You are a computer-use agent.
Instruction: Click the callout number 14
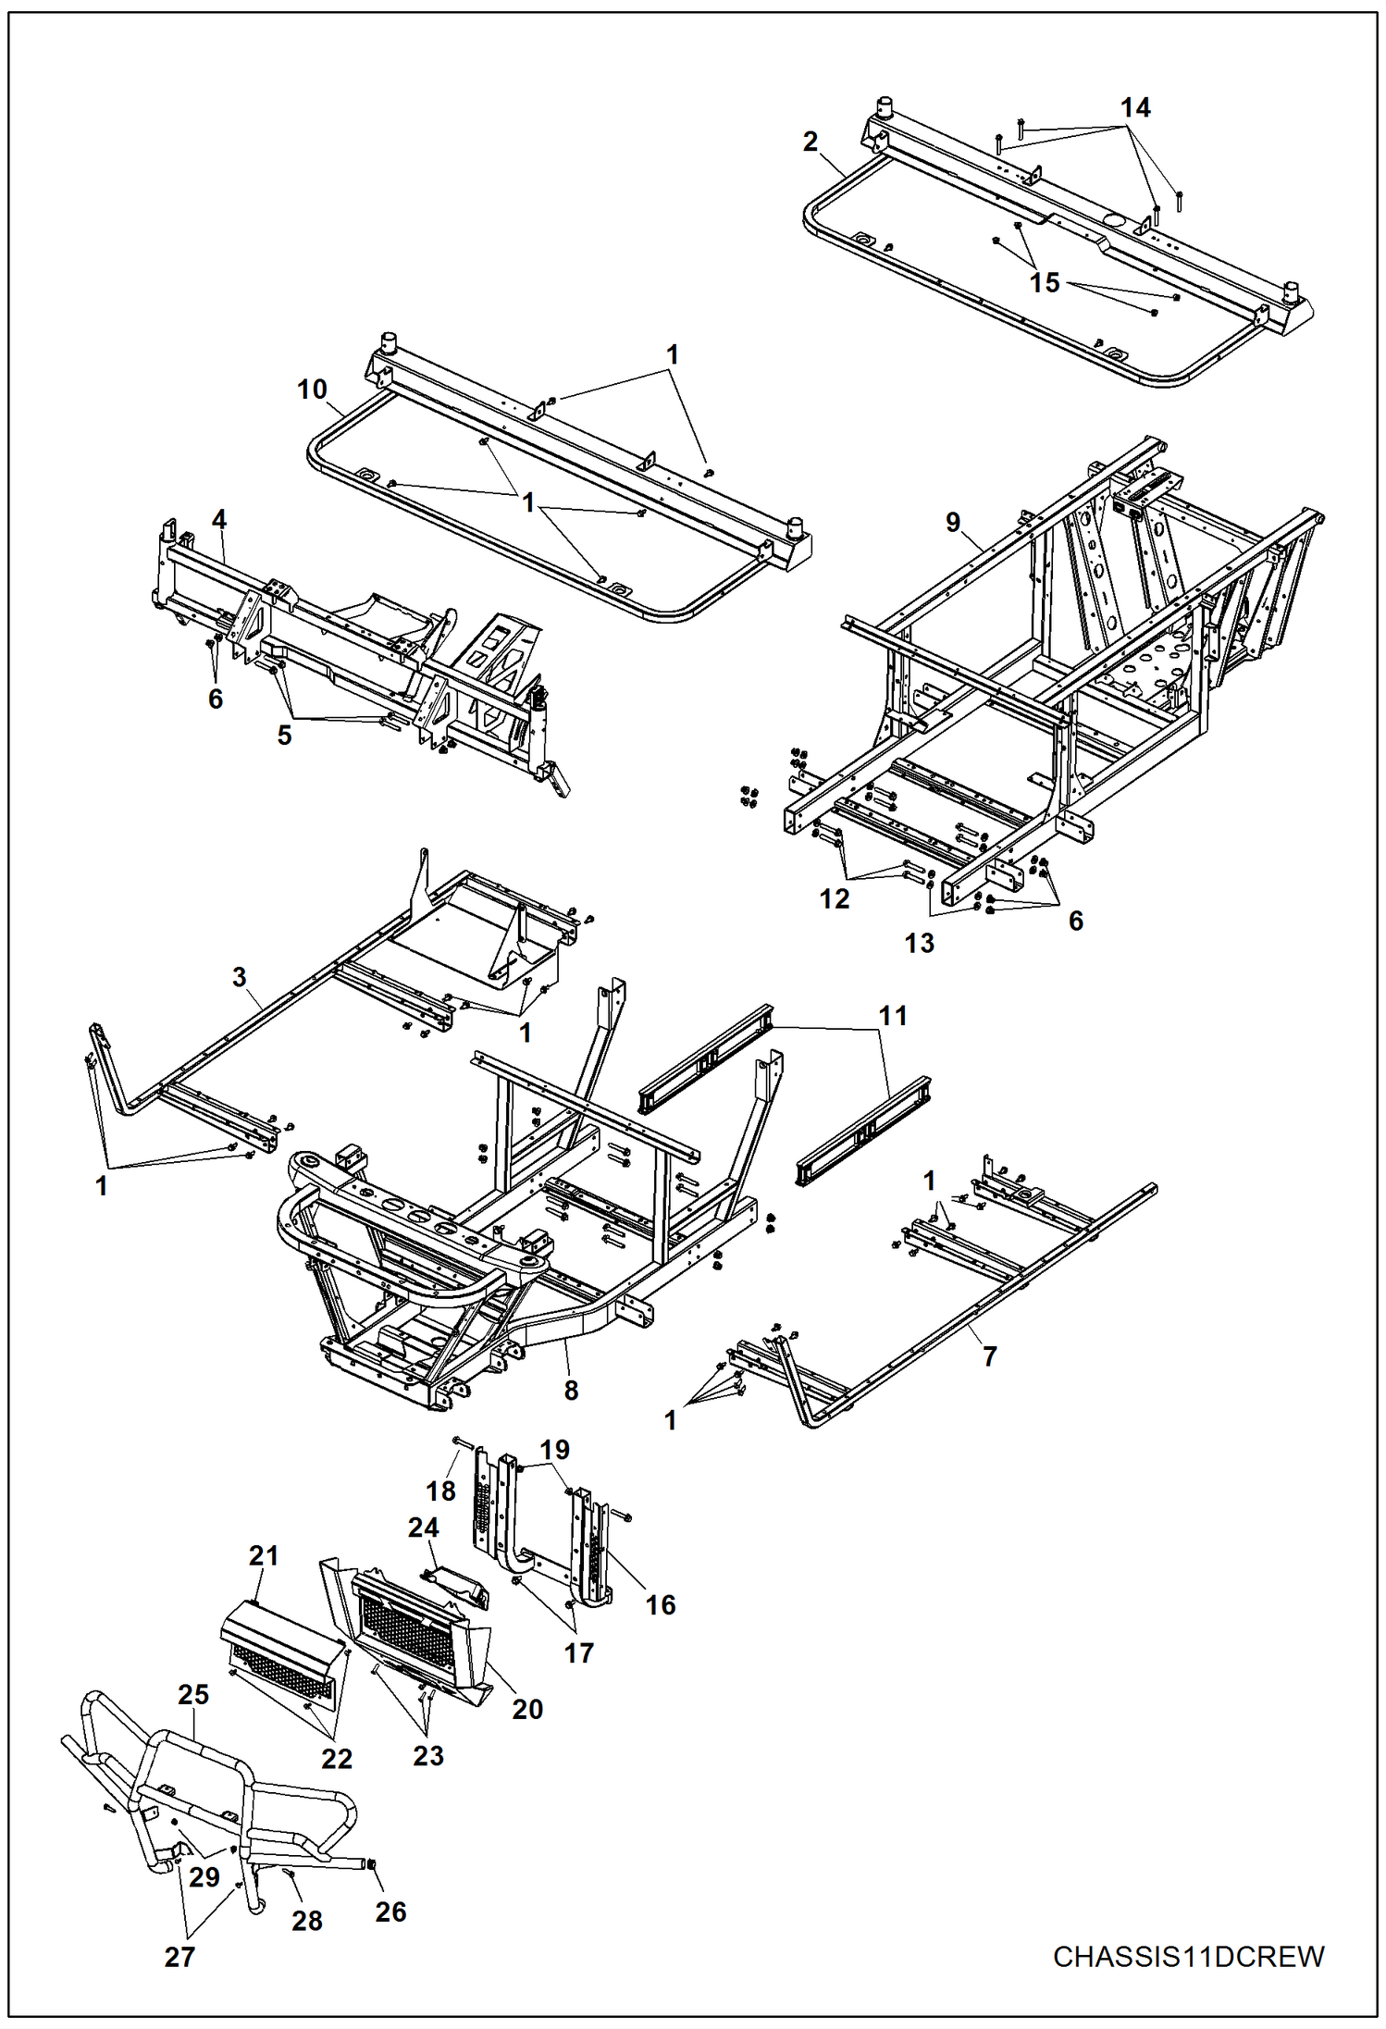1135,108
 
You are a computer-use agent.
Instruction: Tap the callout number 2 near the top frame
811,142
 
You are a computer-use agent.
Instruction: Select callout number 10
312,390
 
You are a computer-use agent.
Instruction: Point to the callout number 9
953,523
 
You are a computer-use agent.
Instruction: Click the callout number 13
919,943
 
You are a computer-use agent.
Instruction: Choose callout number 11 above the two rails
893,1016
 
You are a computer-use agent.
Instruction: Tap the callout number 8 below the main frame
571,1391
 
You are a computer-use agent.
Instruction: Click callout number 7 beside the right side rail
990,1356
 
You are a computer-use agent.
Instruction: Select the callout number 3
240,977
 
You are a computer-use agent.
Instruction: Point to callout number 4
219,520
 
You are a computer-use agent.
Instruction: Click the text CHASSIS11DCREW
1188,1957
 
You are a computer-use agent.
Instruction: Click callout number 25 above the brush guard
193,1695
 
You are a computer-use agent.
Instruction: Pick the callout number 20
527,1709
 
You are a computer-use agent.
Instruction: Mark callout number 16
660,1604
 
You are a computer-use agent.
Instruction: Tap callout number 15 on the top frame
1045,283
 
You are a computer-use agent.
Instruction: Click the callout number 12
834,898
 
